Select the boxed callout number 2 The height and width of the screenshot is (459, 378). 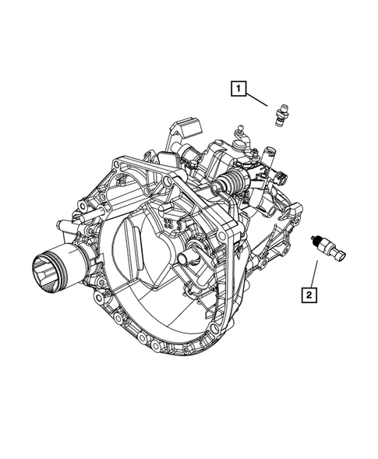[x=309, y=294]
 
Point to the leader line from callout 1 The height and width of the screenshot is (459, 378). [x=260, y=100]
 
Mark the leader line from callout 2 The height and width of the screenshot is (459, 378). [x=315, y=272]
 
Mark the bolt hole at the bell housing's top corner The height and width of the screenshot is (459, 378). [x=116, y=166]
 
